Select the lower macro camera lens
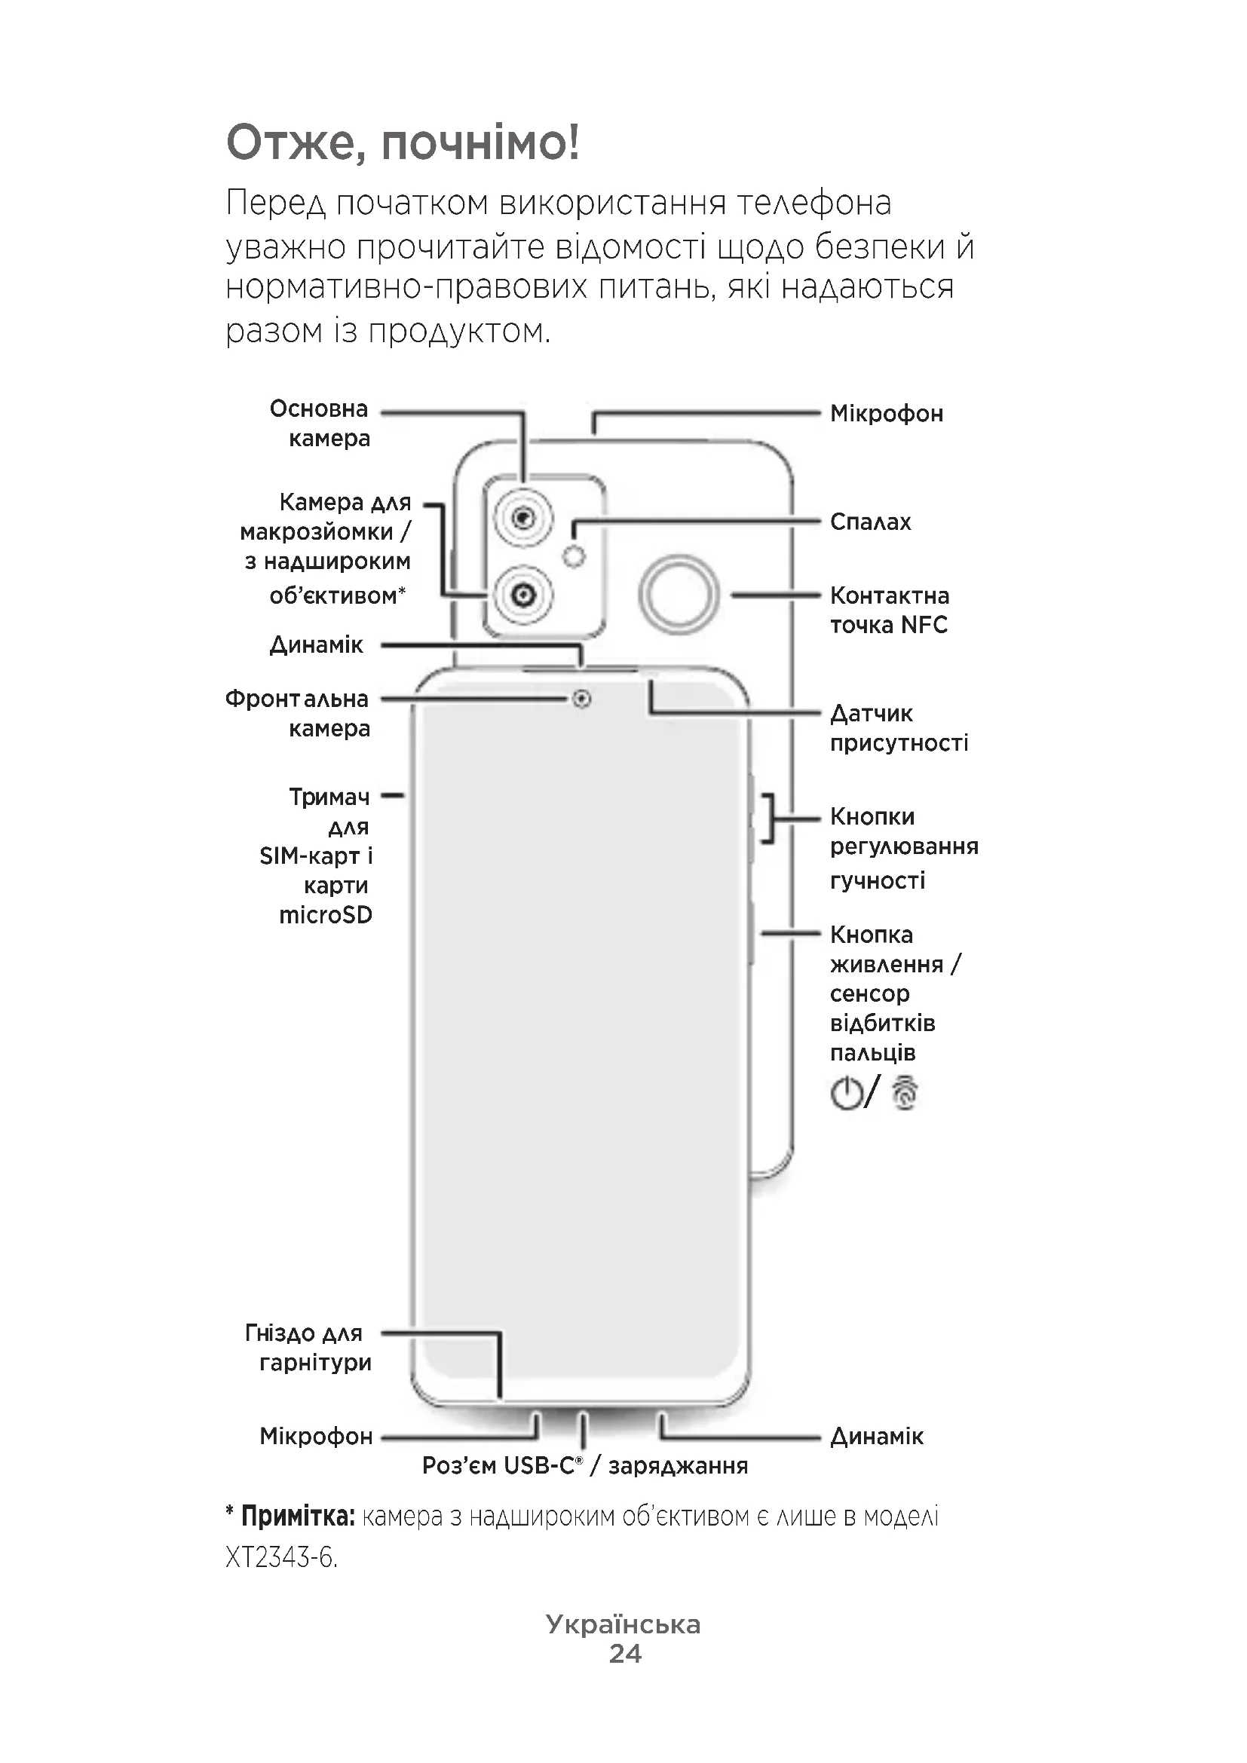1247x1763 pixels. [524, 594]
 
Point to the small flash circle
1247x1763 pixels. [574, 556]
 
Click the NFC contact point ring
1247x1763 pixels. [679, 593]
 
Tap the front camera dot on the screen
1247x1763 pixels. [582, 699]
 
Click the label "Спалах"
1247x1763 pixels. [870, 522]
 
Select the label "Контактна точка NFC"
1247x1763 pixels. [889, 611]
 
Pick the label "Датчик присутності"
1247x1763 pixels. [899, 728]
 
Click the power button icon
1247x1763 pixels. [846, 1094]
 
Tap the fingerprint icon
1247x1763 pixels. [905, 1094]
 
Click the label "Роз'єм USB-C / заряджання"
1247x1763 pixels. [585, 1466]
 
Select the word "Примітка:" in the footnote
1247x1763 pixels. [298, 1517]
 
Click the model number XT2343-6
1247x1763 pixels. [281, 1558]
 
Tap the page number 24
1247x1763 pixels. [625, 1653]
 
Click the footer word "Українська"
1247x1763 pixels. [623, 1624]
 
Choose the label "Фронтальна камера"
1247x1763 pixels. [297, 713]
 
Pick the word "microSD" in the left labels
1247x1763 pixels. [326, 915]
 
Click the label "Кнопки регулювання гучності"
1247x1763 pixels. [905, 848]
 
